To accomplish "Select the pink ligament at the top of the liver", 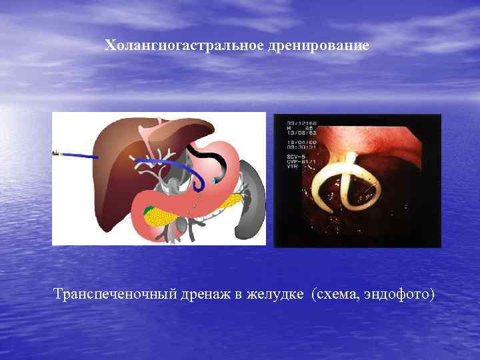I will [x=159, y=125].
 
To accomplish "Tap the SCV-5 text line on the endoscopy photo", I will [x=297, y=156].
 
